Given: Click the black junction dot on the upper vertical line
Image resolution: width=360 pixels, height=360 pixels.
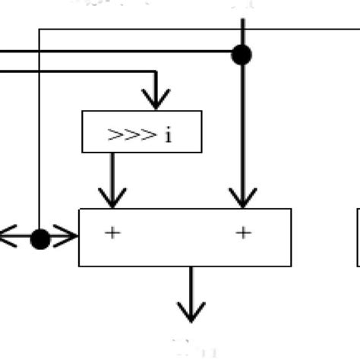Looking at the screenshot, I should (x=242, y=54).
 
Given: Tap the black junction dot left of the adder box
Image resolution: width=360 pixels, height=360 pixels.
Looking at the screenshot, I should (x=40, y=239).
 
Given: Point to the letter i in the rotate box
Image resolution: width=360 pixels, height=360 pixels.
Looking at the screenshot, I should (x=168, y=135).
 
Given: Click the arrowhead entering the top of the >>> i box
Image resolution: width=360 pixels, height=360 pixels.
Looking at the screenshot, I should (x=156, y=99).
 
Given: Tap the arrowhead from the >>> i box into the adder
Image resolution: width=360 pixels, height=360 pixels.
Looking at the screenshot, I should (x=112, y=198).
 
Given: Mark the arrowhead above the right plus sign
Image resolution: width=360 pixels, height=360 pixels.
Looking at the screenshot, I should (x=242, y=199).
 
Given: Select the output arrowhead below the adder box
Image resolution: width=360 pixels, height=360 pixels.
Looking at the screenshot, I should (x=191, y=311).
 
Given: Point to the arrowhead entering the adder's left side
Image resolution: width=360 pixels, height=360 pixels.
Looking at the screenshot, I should (x=68, y=239).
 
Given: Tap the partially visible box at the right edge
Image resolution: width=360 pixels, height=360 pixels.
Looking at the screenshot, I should (x=358, y=238).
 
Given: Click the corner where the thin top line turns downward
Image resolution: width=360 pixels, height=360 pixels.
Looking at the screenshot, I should (x=39, y=29).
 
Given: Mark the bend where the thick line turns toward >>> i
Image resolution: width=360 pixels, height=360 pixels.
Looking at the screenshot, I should (x=156, y=73).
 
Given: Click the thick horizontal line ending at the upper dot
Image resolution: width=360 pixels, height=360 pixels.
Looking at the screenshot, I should (x=114, y=52).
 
